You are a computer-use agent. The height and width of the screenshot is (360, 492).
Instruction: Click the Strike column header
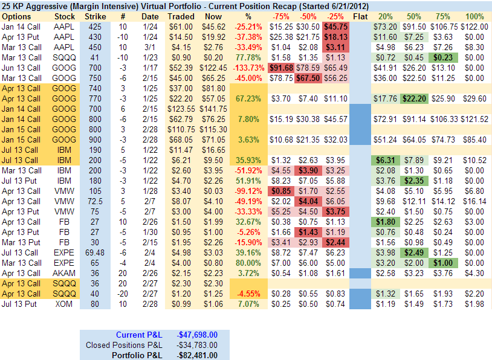98,16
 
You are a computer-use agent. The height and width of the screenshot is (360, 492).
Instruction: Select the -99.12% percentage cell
248,191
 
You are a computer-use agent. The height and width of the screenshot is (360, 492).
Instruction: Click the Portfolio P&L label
137,355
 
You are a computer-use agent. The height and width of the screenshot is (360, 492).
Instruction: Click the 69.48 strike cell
98,252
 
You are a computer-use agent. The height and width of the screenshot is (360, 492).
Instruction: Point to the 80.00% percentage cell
248,263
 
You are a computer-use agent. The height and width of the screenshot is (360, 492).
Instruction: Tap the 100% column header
475,16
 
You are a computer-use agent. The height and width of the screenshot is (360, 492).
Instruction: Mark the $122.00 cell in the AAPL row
475,27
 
